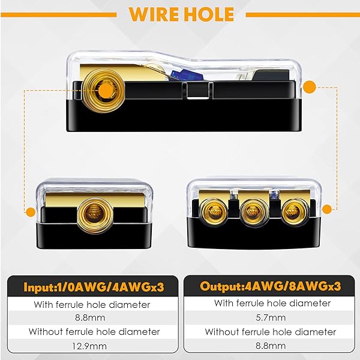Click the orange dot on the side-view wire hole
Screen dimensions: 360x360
[105, 89]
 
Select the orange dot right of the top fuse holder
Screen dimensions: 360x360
[309, 87]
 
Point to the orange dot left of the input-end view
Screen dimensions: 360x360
[31, 212]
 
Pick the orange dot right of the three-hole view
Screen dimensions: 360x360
[327, 209]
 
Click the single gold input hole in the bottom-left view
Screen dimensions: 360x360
[95, 215]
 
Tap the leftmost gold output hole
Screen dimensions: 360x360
[214, 212]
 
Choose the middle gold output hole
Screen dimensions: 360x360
[254, 212]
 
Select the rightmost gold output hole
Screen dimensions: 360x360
[295, 212]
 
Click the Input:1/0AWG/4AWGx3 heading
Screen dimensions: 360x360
[94, 287]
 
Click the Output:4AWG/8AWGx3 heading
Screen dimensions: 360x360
[270, 286]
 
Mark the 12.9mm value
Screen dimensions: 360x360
[89, 346]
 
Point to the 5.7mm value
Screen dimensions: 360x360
[271, 318]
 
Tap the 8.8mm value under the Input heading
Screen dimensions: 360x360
[90, 318]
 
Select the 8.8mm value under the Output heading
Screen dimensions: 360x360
[271, 346]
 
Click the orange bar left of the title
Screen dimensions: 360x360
[59, 15]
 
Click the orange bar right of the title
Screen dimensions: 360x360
[302, 15]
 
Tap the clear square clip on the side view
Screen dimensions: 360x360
[198, 90]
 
